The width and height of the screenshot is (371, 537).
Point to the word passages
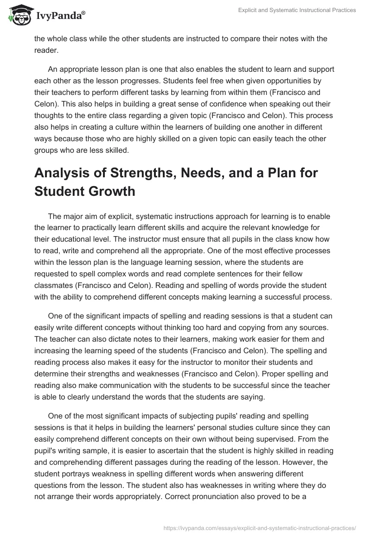(x=148, y=449)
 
